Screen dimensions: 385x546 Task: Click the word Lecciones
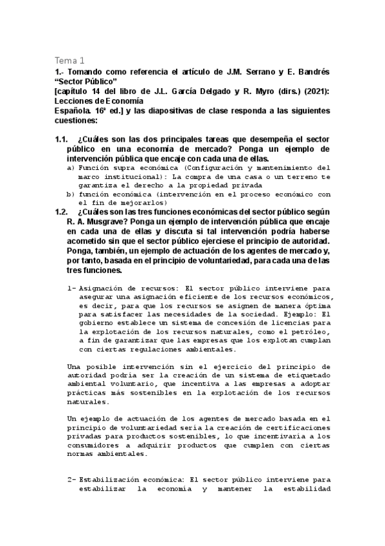coord(76,100)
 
